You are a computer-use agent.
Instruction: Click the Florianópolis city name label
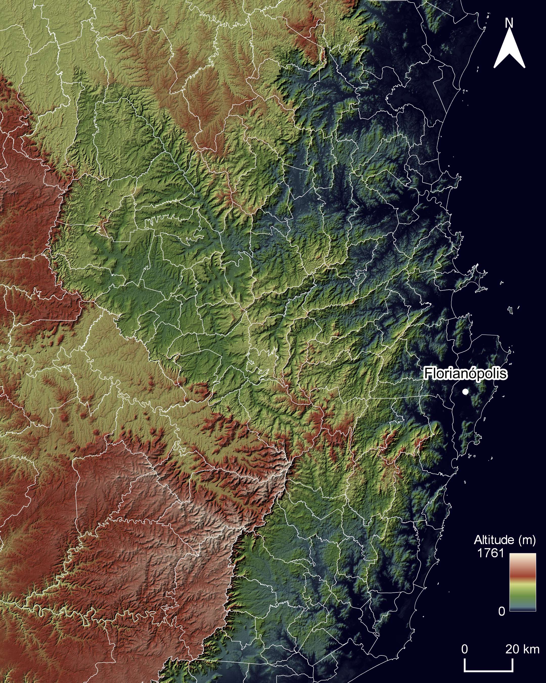[x=465, y=374]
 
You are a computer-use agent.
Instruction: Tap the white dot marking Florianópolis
[x=465, y=392]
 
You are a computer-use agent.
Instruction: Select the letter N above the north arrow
[x=509, y=23]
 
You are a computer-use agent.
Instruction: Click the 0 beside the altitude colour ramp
[x=502, y=611]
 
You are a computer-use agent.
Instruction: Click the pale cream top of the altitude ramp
[x=522, y=557]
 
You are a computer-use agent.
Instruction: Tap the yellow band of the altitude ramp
[x=522, y=582]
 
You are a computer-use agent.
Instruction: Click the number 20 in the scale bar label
[x=512, y=648]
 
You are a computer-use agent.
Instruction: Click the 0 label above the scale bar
[x=464, y=648]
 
